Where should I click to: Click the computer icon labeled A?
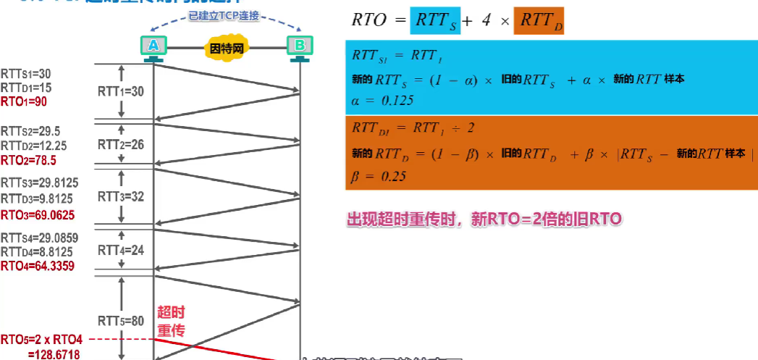pos(153,47)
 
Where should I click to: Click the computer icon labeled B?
pos(299,47)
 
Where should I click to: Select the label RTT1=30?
pos(121,91)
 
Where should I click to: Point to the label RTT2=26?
pos(121,144)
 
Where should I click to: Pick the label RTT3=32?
pos(121,196)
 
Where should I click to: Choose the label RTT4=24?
pos(121,250)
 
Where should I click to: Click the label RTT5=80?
pos(121,321)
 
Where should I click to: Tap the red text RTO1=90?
pos(24,101)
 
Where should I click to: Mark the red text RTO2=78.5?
pos(28,159)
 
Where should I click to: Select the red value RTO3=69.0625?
pos(37,214)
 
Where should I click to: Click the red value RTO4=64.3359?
pos(37,266)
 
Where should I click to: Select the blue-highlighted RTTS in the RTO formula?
pos(434,20)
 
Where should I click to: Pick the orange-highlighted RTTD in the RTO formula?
pos(539,20)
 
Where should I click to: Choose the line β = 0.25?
pos(379,176)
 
